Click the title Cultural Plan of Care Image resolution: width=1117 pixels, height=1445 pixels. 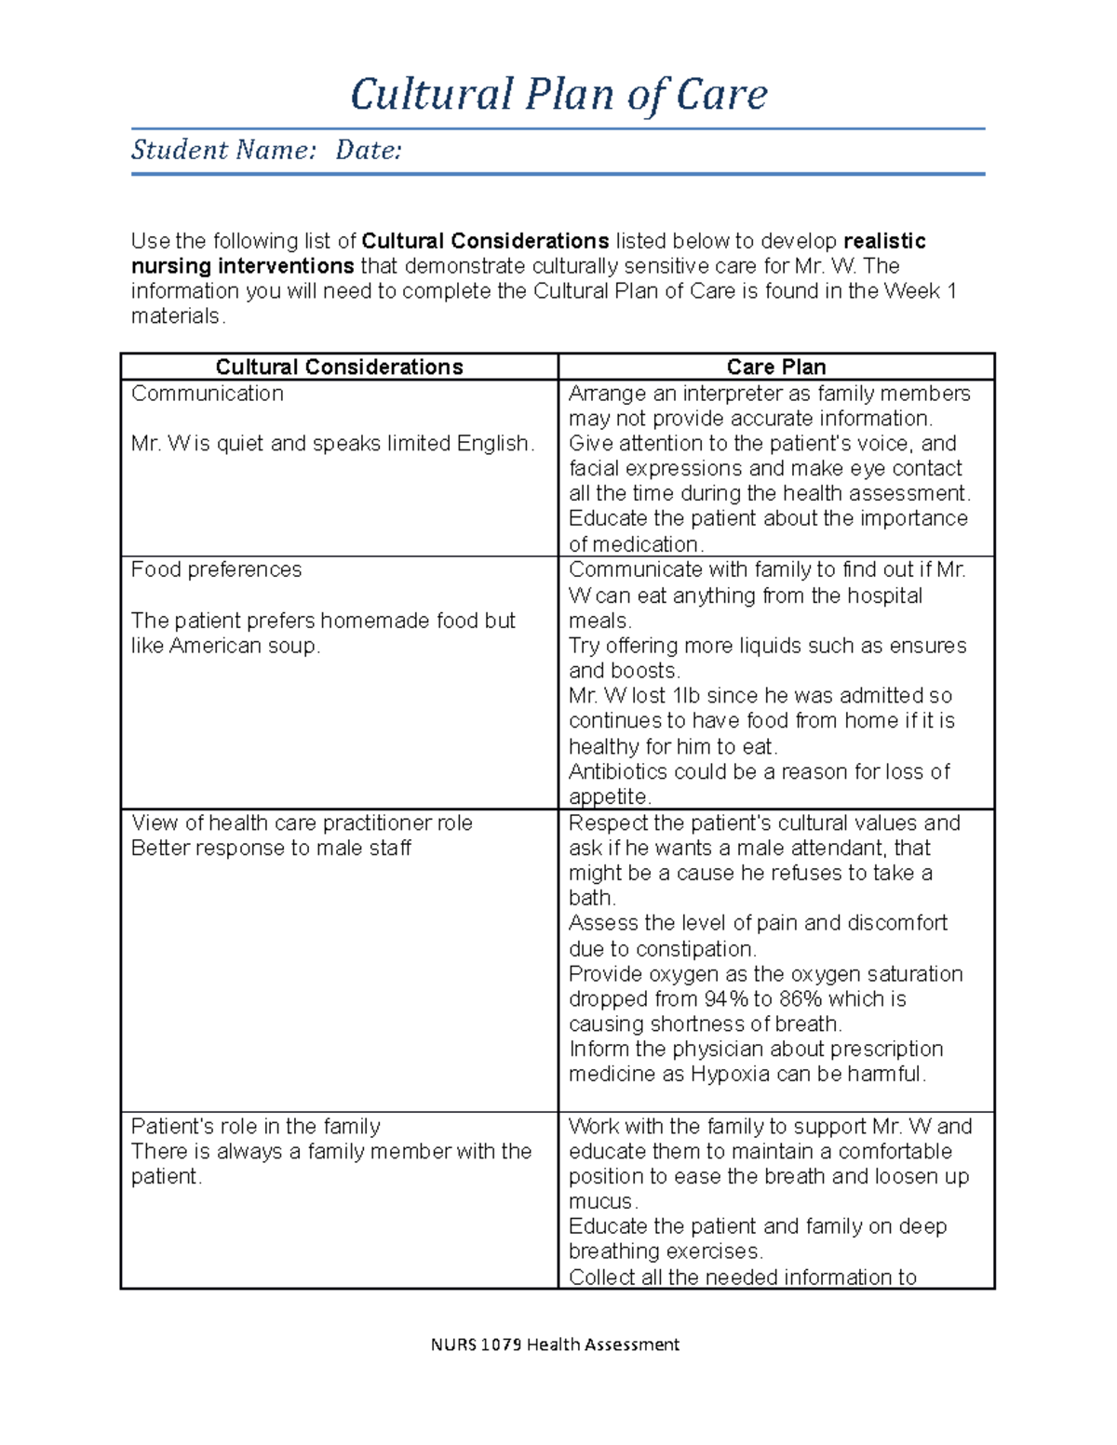(558, 95)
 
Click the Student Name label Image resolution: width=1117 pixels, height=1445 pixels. (223, 150)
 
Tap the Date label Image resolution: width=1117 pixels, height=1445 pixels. (369, 150)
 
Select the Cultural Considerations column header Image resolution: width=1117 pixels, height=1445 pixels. (339, 367)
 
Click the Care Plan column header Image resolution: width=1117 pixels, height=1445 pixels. (775, 367)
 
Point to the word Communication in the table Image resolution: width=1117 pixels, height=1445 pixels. (207, 394)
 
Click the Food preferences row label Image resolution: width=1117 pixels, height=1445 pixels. (216, 569)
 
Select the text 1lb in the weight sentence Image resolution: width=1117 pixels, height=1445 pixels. (686, 696)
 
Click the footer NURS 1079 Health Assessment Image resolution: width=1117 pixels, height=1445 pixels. (555, 1345)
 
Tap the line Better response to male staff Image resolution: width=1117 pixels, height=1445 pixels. (271, 849)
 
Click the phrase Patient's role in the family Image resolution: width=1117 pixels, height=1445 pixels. (255, 1127)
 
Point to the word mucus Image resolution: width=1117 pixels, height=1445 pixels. (600, 1202)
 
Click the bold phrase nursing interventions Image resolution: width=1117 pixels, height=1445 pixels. (242, 266)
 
